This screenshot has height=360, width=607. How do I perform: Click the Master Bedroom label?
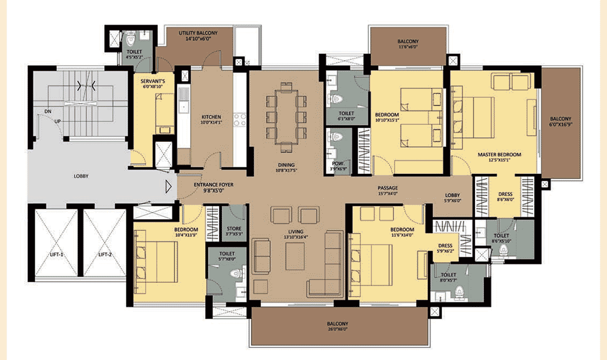pyautogui.click(x=499, y=155)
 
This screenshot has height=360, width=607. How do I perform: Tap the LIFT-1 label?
pyautogui.click(x=56, y=255)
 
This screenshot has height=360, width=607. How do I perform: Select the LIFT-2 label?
pyautogui.click(x=105, y=255)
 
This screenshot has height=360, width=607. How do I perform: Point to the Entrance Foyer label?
pyautogui.click(x=214, y=185)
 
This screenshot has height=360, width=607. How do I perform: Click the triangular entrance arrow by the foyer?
pyautogui.click(x=168, y=187)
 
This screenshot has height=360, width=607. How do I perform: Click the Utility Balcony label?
pyautogui.click(x=198, y=33)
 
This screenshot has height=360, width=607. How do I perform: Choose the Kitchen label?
pyautogui.click(x=211, y=117)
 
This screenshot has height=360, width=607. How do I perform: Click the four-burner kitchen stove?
pyautogui.click(x=239, y=119)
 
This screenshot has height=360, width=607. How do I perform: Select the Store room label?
pyautogui.click(x=234, y=229)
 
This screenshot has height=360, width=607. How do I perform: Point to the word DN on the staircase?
pyautogui.click(x=47, y=112)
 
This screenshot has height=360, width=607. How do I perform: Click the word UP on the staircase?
pyautogui.click(x=57, y=121)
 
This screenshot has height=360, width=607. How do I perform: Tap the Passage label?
pyautogui.click(x=388, y=188)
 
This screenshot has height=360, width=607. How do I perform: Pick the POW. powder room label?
pyautogui.click(x=338, y=163)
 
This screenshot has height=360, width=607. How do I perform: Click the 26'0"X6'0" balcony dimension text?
pyautogui.click(x=338, y=329)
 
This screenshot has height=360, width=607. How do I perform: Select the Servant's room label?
pyautogui.click(x=153, y=81)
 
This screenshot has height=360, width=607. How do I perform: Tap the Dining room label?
pyautogui.click(x=286, y=165)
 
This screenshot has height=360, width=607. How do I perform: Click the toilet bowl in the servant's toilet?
pyautogui.click(x=130, y=40)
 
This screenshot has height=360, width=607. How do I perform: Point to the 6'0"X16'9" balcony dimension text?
pyautogui.click(x=561, y=125)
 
